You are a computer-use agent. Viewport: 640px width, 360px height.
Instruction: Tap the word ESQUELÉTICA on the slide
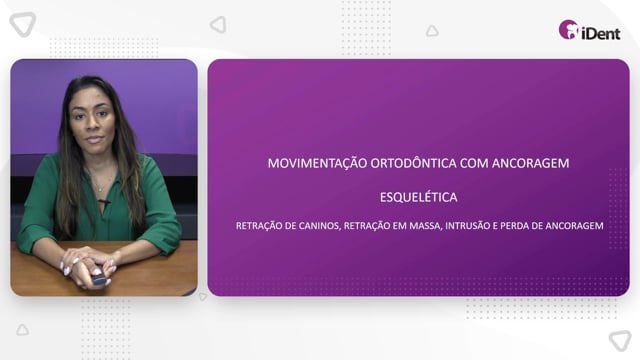tap(418, 197)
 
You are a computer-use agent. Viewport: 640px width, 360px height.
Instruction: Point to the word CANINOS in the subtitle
tap(320, 226)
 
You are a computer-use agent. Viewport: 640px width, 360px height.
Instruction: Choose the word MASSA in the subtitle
tap(425, 226)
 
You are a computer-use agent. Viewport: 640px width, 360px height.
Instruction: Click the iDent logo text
tap(601, 33)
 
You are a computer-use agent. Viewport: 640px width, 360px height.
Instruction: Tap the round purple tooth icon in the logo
tap(568, 29)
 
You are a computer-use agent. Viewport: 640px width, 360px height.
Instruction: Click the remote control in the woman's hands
tap(99, 279)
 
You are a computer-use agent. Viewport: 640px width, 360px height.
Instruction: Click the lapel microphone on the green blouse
tap(104, 202)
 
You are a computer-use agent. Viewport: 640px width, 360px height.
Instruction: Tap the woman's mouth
tap(94, 139)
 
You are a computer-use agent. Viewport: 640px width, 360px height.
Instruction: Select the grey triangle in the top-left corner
tap(23, 24)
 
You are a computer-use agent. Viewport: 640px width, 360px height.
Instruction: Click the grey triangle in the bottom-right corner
tap(620, 340)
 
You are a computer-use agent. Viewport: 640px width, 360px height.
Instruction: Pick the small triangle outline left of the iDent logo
tap(432, 31)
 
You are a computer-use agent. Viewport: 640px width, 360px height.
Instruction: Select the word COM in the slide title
tap(474, 163)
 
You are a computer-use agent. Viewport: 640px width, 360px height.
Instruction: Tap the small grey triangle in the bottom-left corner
tap(22, 330)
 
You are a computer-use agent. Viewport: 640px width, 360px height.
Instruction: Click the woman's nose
tap(92, 124)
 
